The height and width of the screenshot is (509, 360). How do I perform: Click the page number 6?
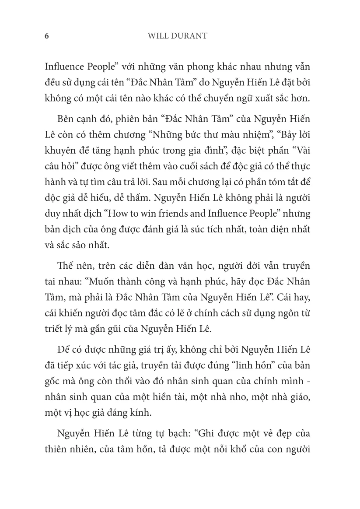coord(47,36)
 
